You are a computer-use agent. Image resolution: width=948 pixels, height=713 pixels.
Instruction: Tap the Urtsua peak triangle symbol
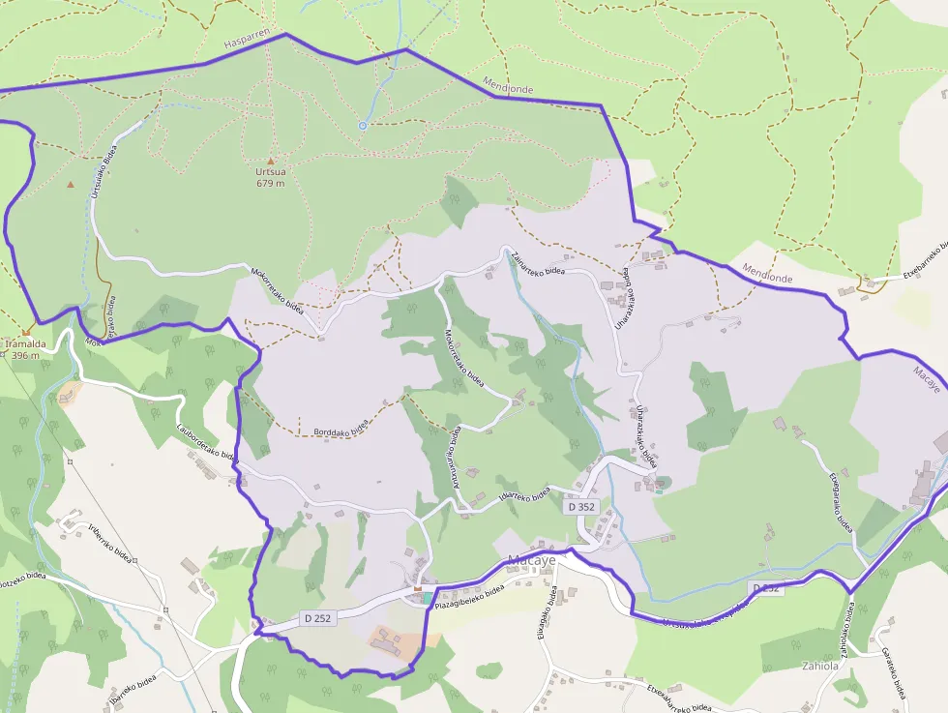pyautogui.click(x=271, y=162)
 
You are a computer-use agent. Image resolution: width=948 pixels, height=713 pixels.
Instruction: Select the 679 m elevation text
pyautogui.click(x=271, y=183)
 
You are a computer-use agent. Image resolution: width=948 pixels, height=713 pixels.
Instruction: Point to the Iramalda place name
pyautogui.click(x=26, y=343)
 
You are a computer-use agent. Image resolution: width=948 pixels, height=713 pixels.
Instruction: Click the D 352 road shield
pyautogui.click(x=581, y=506)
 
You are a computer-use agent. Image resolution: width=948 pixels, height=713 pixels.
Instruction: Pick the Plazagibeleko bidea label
pyautogui.click(x=470, y=596)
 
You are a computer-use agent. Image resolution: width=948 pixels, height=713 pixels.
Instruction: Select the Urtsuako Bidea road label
pyautogui.click(x=98, y=172)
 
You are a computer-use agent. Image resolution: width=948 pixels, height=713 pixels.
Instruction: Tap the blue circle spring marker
pyautogui.click(x=363, y=126)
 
